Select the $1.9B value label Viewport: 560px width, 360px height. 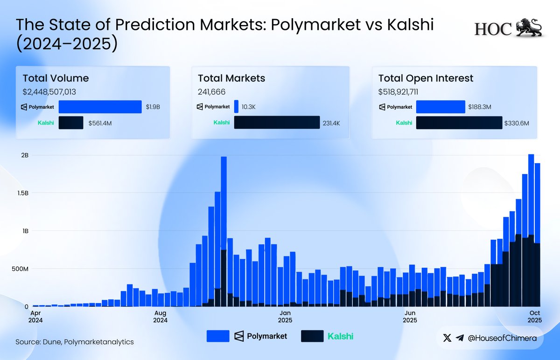tap(152, 107)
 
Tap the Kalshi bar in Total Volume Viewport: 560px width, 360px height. tap(71, 123)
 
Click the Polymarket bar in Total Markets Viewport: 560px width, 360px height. tap(236, 107)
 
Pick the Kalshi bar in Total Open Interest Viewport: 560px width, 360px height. tap(459, 123)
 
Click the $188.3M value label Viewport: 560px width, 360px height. tap(480, 107)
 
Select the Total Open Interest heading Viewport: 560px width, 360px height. tap(426, 78)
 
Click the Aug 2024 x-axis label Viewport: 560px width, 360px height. tap(160, 317)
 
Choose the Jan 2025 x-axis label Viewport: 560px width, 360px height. tap(285, 317)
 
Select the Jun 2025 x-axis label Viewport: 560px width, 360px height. tap(410, 317)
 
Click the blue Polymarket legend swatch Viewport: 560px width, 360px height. tap(217, 336)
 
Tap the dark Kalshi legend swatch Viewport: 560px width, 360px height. tap(312, 336)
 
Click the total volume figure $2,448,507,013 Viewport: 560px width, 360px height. tap(49, 92)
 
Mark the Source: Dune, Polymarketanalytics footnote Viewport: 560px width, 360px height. tap(75, 342)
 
